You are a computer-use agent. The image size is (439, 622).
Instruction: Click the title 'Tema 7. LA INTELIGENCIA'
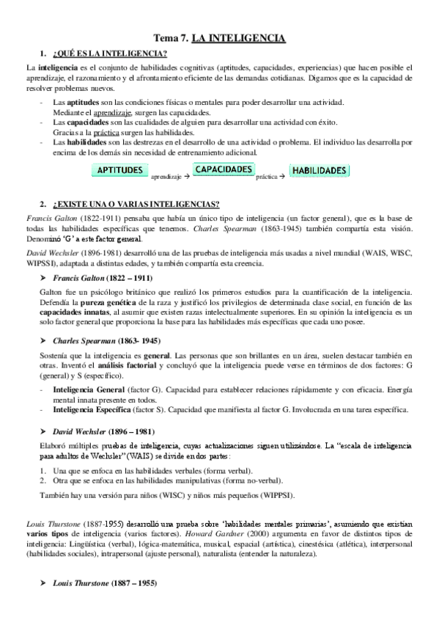[x=219, y=38]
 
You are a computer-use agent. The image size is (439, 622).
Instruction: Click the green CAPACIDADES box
[x=224, y=169]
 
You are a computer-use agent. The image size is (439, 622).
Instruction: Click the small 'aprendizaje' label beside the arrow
[x=167, y=177]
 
